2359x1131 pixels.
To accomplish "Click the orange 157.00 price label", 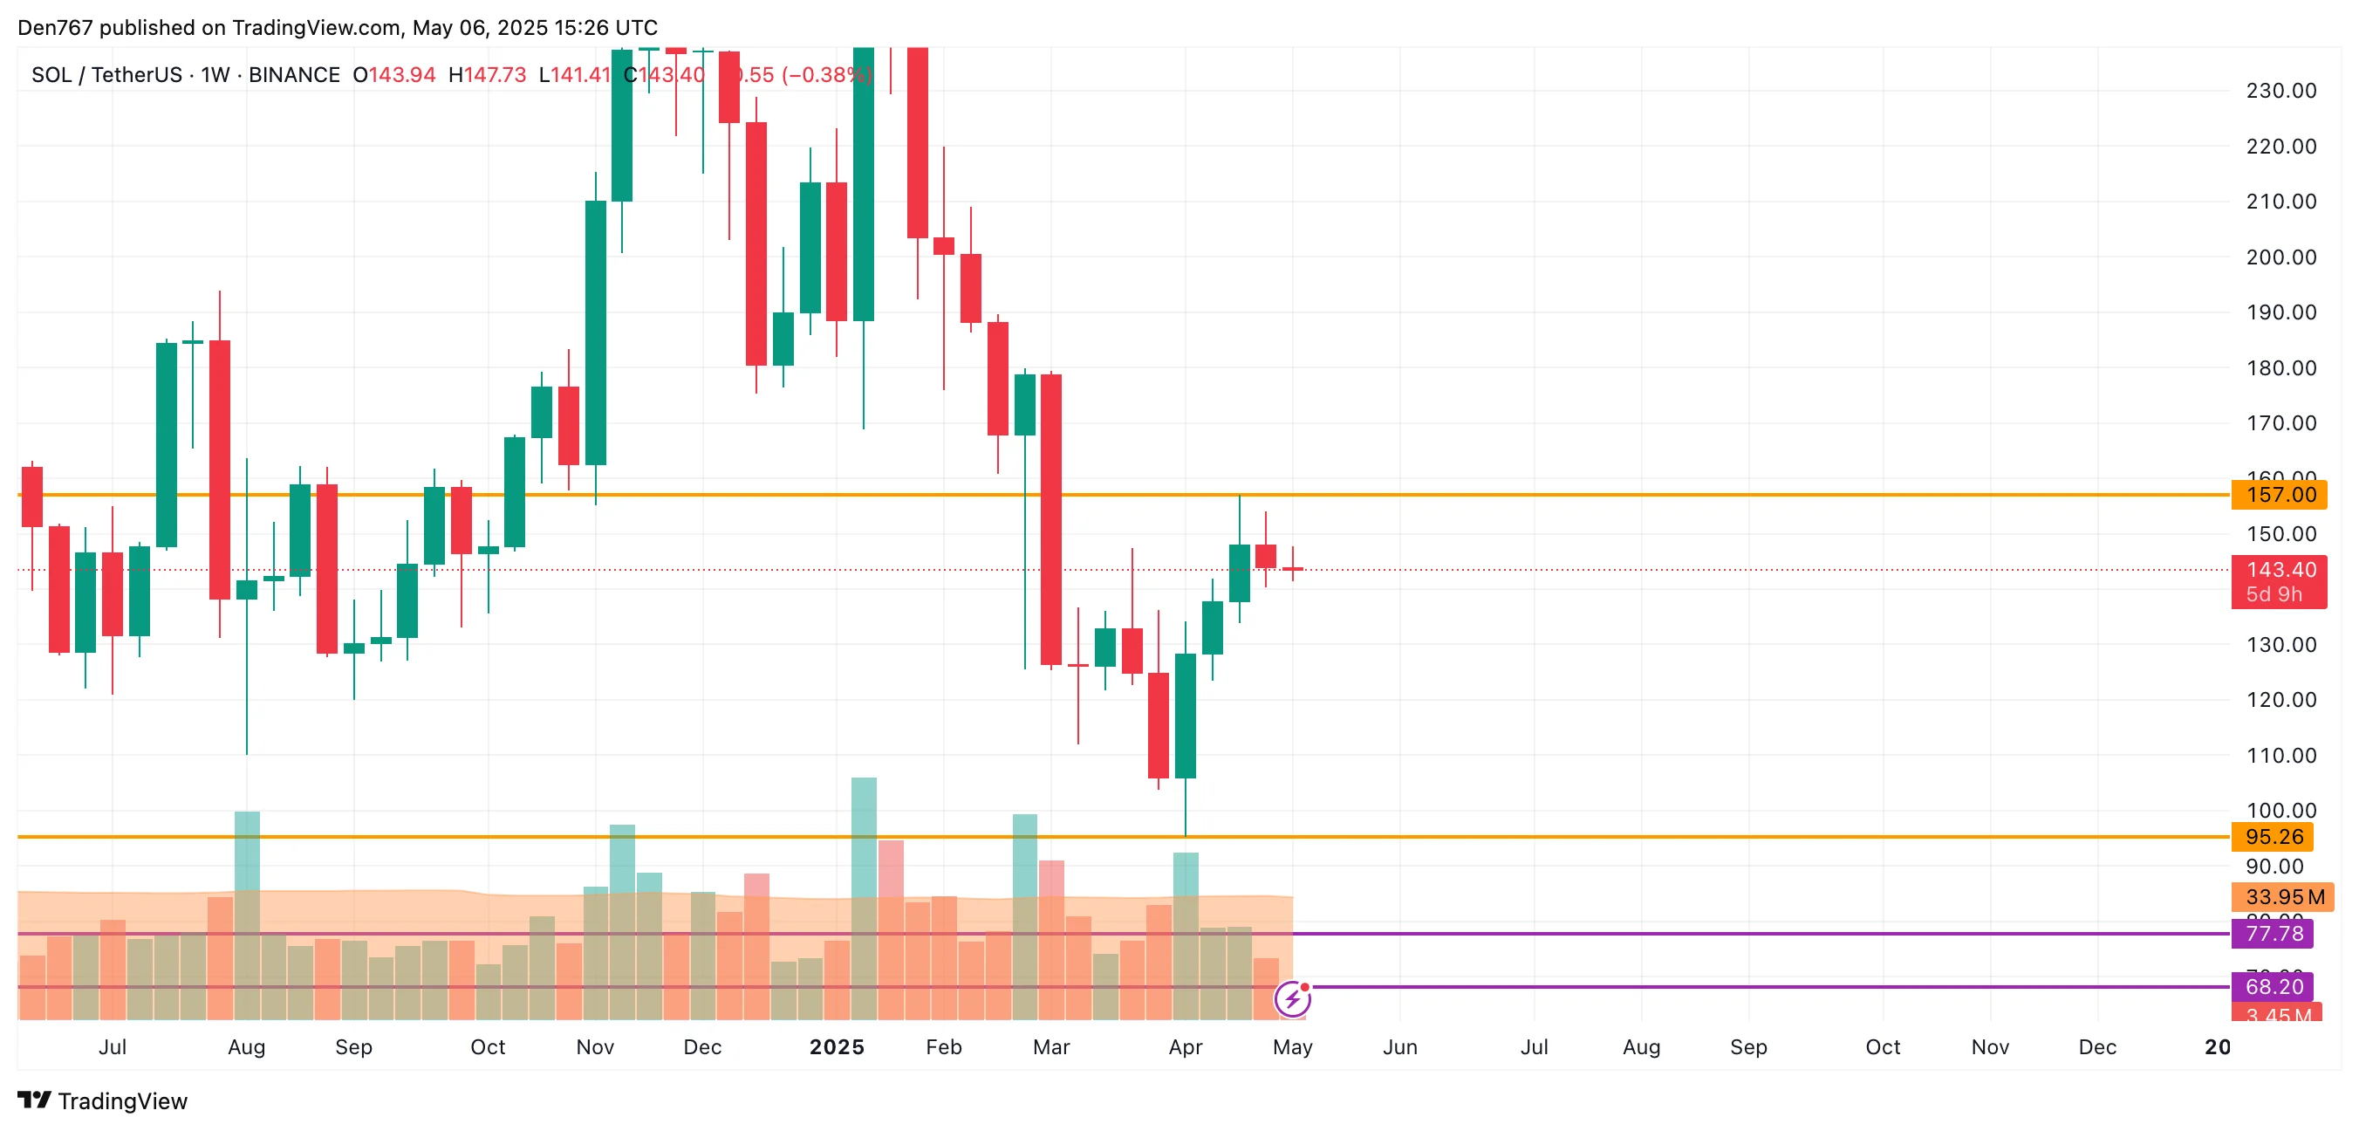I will [x=2280, y=496].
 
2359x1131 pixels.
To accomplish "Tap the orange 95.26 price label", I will [x=2273, y=837].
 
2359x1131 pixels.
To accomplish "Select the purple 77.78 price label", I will [x=2273, y=933].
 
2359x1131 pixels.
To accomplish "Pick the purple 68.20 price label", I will [x=2273, y=986].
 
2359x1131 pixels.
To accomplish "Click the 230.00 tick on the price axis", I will [x=2280, y=91].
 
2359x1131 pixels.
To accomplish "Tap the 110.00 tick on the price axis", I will [x=2280, y=756].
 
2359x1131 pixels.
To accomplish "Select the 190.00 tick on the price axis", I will [x=2280, y=312].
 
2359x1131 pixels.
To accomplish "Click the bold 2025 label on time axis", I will [x=836, y=1046].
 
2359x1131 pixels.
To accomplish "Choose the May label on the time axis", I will [x=1292, y=1046].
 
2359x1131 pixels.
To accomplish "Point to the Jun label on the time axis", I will [x=1399, y=1046].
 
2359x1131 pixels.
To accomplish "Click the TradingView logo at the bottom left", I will [x=103, y=1100].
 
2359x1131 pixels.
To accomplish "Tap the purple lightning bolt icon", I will [x=1292, y=999].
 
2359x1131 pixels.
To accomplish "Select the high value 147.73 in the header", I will [x=495, y=75].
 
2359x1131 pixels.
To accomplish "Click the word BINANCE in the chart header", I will [x=294, y=75].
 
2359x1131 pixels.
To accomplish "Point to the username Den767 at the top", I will [x=55, y=27].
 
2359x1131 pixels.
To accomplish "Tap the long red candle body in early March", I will [x=1051, y=519].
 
